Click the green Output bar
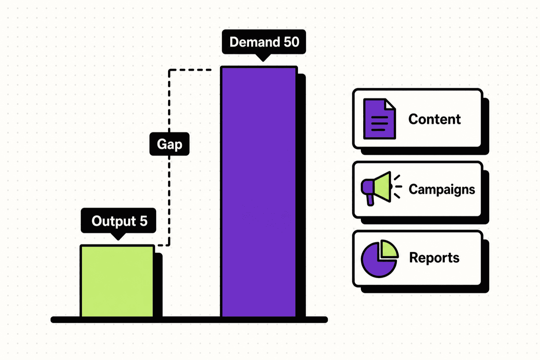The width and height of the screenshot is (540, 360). tap(117, 281)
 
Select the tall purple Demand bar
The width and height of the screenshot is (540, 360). tap(259, 191)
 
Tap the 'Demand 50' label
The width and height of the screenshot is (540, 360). tap(264, 42)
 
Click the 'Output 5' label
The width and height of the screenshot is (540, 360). tap(118, 221)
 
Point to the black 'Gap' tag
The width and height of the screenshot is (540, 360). tap(169, 144)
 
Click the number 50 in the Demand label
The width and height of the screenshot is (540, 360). tap(291, 42)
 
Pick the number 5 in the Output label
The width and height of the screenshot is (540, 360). tap(143, 221)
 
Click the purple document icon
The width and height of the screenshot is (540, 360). tap(379, 119)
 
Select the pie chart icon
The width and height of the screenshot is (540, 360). tap(379, 258)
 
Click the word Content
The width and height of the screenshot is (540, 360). tap(434, 119)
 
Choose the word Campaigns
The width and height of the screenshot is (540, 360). tap(442, 189)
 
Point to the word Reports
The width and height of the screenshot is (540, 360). tap(434, 257)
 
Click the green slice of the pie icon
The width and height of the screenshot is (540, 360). tap(388, 249)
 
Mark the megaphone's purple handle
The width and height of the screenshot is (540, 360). tap(370, 200)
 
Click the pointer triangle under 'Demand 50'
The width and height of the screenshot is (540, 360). tap(263, 57)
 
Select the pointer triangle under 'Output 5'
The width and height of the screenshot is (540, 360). tap(118, 236)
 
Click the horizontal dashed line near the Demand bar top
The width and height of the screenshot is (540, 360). tap(190, 70)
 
